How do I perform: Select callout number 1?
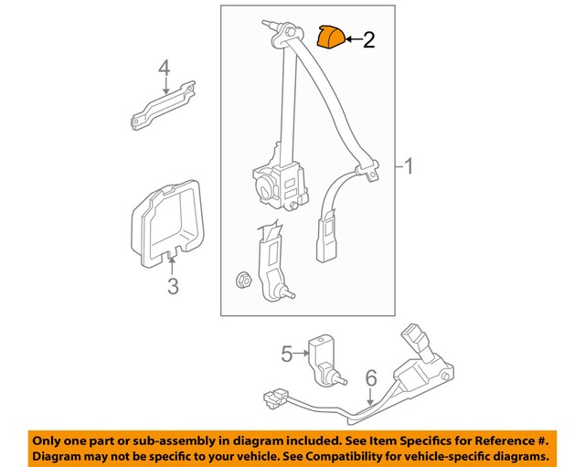[409, 166]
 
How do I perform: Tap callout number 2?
[368, 39]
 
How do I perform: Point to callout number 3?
[173, 287]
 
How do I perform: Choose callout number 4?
[165, 68]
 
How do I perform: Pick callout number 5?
[286, 352]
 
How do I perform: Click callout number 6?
[370, 377]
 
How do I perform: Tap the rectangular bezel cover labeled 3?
[170, 219]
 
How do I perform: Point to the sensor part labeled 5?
[324, 359]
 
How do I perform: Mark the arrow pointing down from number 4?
[165, 86]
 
